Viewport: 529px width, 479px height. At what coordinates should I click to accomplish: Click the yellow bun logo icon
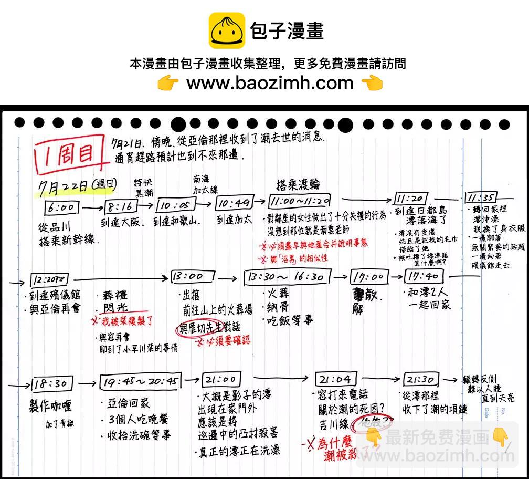click(x=227, y=30)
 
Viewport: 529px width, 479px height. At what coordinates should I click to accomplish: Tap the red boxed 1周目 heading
click(x=67, y=154)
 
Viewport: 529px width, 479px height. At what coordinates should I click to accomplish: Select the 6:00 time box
click(x=61, y=207)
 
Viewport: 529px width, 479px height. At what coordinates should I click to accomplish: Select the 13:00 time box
click(x=193, y=277)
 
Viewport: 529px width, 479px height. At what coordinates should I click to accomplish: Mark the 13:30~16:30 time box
click(x=287, y=277)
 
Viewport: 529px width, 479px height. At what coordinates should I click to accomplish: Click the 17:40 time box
click(x=424, y=276)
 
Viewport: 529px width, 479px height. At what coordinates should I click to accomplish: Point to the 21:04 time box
click(x=336, y=379)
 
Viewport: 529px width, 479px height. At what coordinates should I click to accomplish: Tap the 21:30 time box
click(x=421, y=379)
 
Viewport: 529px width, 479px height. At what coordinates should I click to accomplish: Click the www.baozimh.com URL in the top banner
click(x=270, y=83)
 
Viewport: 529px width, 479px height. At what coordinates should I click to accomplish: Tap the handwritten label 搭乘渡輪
click(x=298, y=184)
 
